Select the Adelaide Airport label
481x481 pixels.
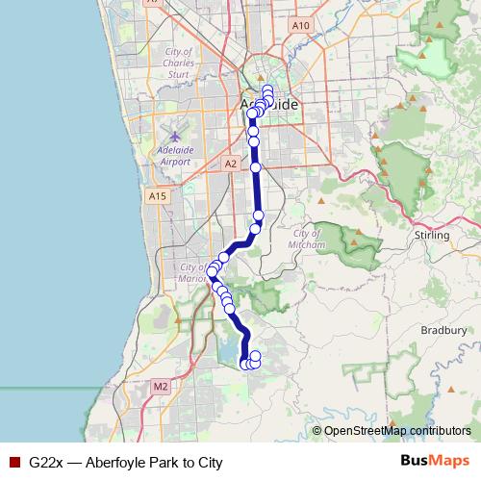pyautogui.click(x=175, y=156)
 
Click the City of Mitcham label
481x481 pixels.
pyautogui.click(x=307, y=240)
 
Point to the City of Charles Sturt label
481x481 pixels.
pyautogui.click(x=179, y=62)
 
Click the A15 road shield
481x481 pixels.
pyautogui.click(x=158, y=196)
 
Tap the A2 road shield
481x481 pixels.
pyautogui.click(x=230, y=165)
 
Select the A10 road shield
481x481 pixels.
pyautogui.click(x=300, y=25)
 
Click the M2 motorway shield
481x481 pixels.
pyautogui.click(x=160, y=387)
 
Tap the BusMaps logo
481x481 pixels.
pyautogui.click(x=434, y=461)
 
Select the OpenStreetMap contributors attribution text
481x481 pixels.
pyautogui.click(x=397, y=430)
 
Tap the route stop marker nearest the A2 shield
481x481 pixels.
pyautogui.click(x=256, y=167)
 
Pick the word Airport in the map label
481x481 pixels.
pyautogui.click(x=175, y=163)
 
